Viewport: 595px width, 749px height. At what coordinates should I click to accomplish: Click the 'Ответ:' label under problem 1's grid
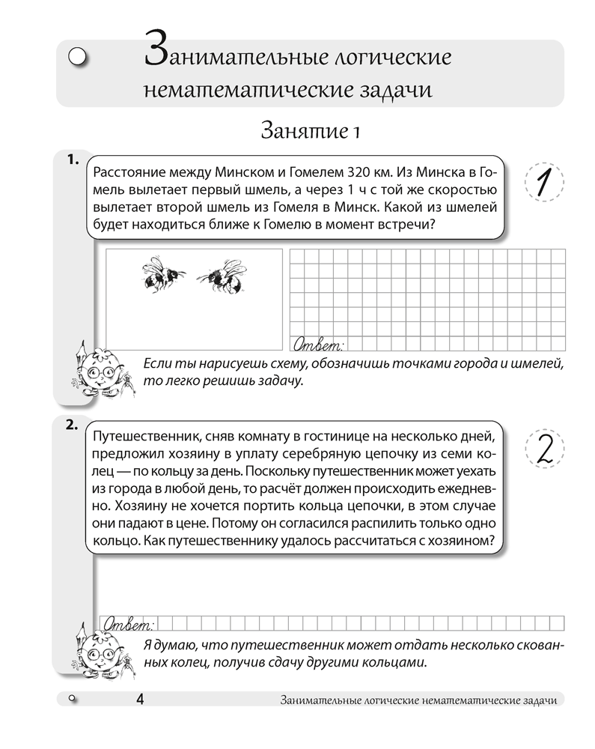click(x=318, y=345)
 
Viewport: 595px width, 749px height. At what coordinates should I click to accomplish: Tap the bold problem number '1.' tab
click(x=73, y=159)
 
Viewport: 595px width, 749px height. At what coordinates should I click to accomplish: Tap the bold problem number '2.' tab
click(x=73, y=425)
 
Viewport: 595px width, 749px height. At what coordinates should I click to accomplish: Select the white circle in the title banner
click(x=78, y=56)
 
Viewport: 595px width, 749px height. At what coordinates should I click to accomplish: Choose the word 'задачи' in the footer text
click(x=539, y=700)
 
